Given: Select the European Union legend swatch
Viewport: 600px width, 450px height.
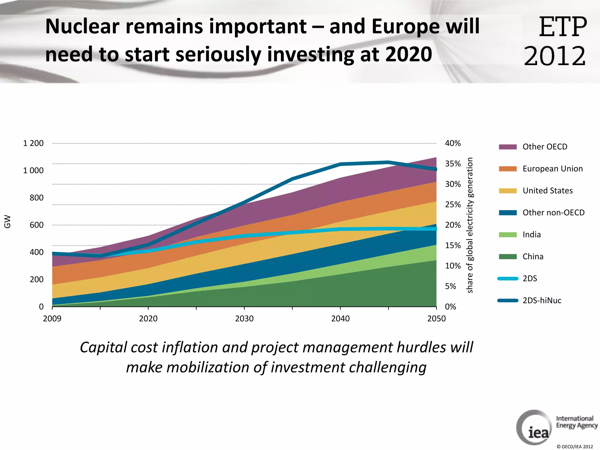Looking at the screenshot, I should (507, 169).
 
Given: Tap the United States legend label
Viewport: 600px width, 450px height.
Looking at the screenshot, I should (547, 191).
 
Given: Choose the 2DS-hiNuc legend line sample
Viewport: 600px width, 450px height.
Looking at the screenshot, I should (507, 301).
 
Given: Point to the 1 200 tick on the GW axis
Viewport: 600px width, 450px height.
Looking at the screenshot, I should (33, 143).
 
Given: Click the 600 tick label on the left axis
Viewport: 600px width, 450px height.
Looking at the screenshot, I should (36, 225).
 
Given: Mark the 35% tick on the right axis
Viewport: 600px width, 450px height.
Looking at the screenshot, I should (453, 164).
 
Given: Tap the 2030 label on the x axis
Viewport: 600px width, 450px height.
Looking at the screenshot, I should (244, 318).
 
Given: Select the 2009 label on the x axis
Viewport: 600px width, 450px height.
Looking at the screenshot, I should (52, 318).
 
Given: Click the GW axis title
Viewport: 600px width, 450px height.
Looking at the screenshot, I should (7, 222).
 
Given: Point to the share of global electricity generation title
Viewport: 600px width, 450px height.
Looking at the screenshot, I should (470, 225).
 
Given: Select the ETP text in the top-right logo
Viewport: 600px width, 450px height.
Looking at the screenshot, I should (562, 27).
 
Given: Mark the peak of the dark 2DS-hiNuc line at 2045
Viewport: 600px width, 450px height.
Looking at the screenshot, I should (388, 162).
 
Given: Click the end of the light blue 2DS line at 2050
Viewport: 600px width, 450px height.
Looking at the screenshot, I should (436, 229).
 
